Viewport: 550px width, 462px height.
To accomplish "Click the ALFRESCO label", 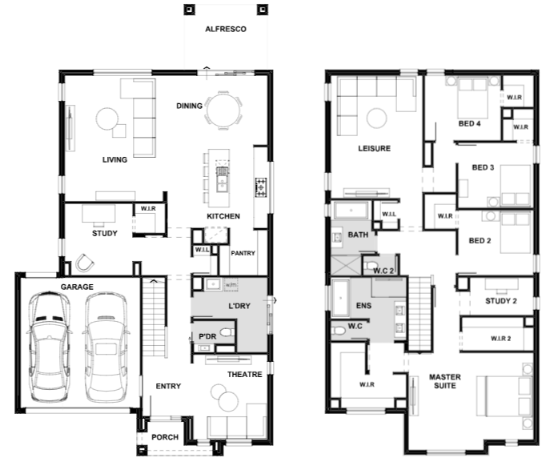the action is [226, 29].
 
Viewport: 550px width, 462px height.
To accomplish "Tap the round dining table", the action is [223, 110].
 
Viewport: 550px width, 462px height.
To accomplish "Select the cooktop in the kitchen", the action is [261, 187].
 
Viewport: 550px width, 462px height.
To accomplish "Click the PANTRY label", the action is [243, 253].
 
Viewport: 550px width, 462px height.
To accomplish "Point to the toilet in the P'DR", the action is [227, 331].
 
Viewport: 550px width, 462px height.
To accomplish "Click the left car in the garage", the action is [49, 346].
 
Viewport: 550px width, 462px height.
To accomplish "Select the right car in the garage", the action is [105, 348].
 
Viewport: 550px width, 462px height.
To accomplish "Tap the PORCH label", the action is [165, 437].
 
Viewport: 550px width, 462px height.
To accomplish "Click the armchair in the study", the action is [85, 263].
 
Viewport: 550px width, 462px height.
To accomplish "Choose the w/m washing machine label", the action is [231, 285].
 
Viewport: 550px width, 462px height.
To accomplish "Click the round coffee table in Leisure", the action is [377, 118].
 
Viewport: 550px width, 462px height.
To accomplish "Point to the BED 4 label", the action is [469, 123].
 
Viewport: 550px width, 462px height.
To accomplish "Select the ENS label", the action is [363, 306].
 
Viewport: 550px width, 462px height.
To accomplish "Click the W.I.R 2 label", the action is [500, 339].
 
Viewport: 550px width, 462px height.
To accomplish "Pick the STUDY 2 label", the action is [501, 301].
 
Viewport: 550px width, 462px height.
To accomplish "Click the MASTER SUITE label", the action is [445, 381].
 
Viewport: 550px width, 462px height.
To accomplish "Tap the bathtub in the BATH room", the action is [351, 211].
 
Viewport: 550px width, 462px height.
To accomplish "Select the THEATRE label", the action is [244, 375].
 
